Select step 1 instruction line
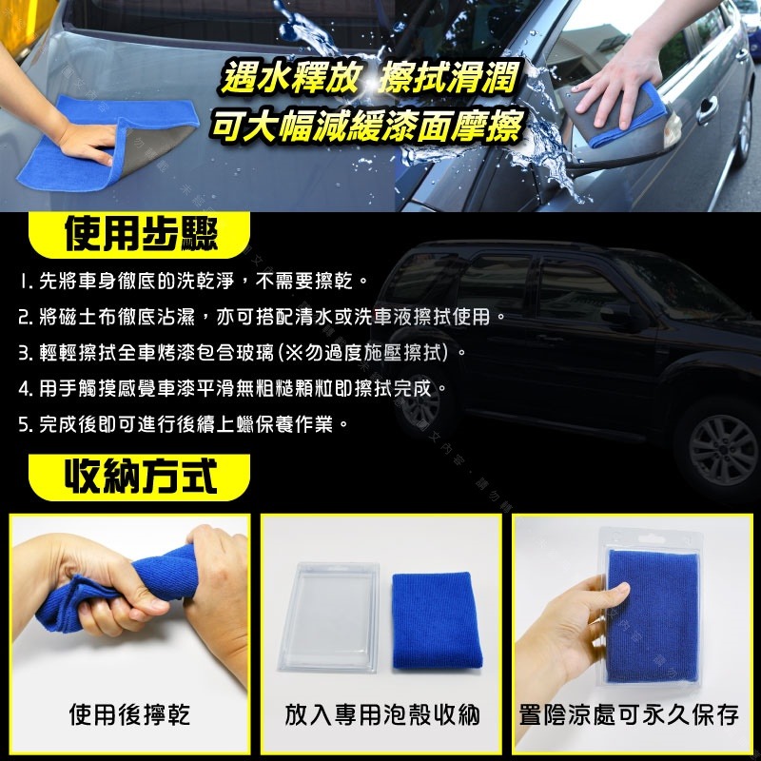(x=191, y=282)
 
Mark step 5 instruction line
(x=181, y=423)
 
